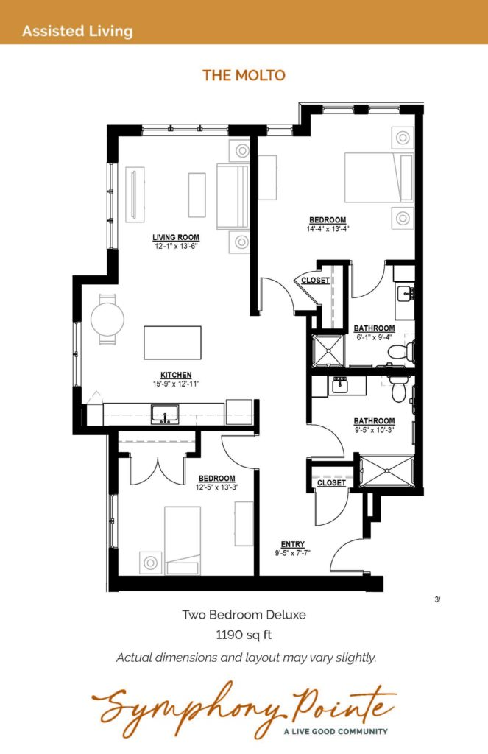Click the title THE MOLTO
pos(244,75)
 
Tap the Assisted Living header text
pos(77,31)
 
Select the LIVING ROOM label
pos(176,237)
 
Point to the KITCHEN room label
pos(176,375)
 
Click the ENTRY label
pos(293,544)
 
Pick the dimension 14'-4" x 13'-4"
pos(328,229)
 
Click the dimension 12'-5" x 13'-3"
pos(217,487)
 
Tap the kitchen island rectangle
pos(172,342)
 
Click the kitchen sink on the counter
pos(165,415)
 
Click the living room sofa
pos(233,197)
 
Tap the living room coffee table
pos(197,194)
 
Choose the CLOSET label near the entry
pos(331,482)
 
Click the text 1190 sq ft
pos(244,635)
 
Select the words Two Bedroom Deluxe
pos(244,615)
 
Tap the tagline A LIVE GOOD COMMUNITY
pos(336,731)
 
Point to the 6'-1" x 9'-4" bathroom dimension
pos(374,337)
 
